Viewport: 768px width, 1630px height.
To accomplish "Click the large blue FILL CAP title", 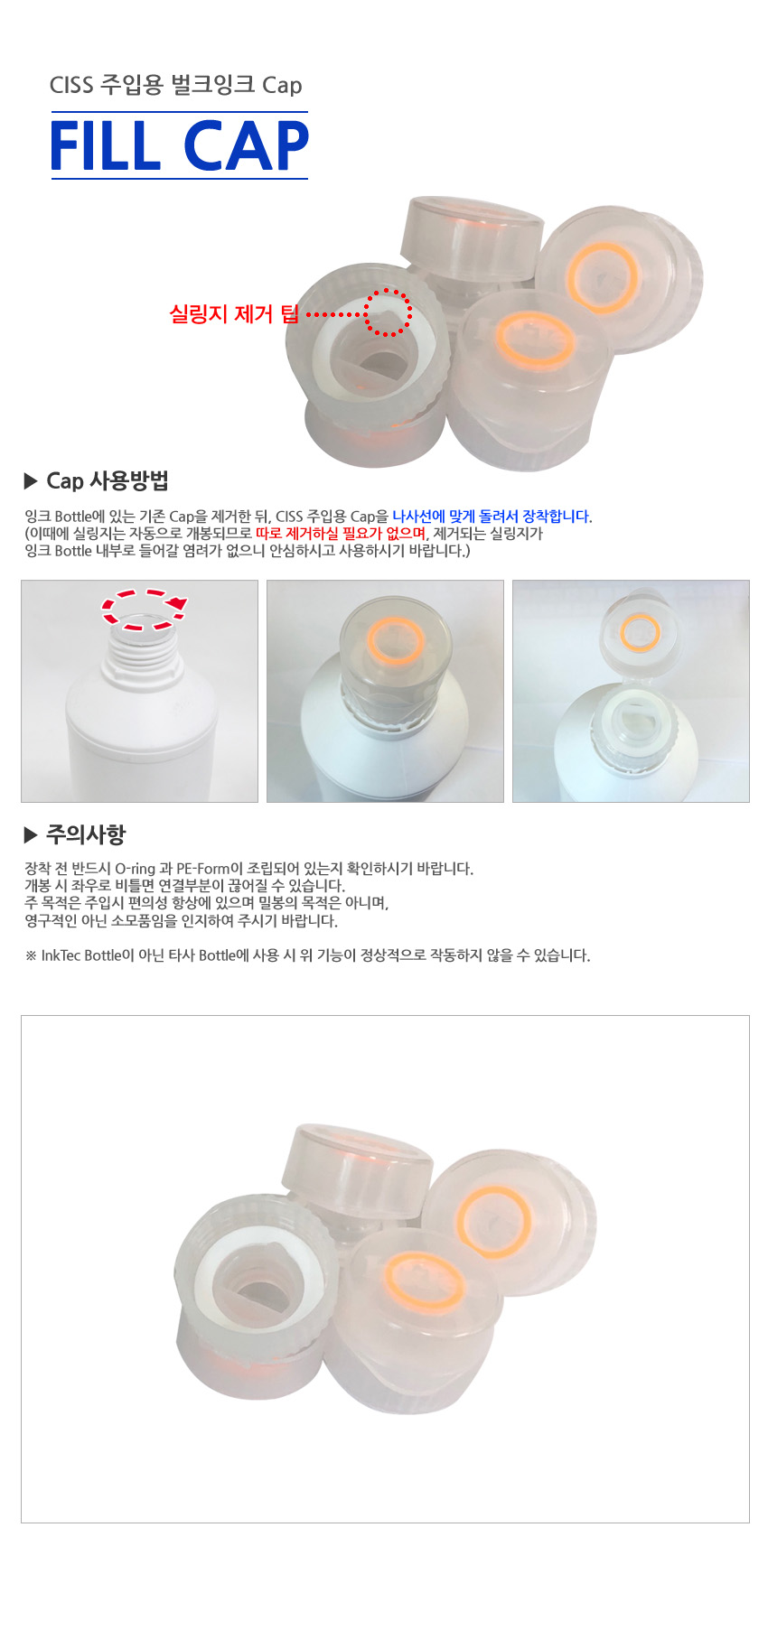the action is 179,145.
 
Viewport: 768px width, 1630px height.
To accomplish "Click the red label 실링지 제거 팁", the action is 234,314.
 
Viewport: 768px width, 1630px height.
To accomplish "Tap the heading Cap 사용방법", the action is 108,480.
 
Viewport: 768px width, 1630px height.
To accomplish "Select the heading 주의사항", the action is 86,834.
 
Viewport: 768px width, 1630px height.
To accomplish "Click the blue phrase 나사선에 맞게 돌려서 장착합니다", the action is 492,517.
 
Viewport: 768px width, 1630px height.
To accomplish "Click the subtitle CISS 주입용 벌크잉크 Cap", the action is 175,85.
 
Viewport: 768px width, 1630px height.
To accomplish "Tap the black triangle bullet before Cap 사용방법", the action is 31,481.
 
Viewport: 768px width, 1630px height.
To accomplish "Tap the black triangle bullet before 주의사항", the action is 31,834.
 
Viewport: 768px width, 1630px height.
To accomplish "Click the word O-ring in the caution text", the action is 136,869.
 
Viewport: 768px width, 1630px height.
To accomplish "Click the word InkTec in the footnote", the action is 61,955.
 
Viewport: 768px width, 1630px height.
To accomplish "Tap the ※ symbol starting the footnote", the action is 31,955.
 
